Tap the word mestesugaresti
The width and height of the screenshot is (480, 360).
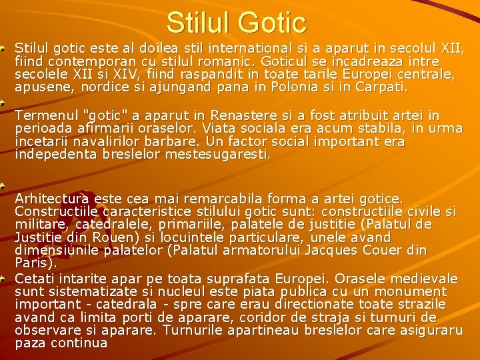(212, 155)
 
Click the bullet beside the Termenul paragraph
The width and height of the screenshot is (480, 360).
(5, 103)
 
